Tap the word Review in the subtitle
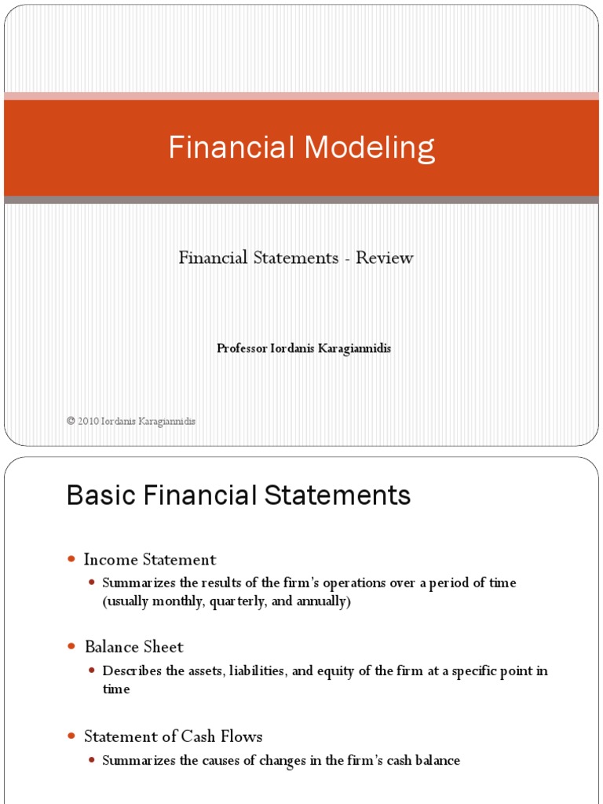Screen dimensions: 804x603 coord(385,258)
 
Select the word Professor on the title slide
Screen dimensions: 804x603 coord(242,349)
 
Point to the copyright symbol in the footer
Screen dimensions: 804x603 coord(71,422)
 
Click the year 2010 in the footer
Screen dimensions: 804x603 coord(88,422)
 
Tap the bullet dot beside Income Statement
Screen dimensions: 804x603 coord(71,560)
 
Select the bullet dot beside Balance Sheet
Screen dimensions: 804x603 coord(71,647)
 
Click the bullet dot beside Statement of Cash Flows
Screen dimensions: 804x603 coord(71,736)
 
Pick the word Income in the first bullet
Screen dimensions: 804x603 coord(110,560)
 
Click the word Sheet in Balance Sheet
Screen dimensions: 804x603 coord(165,647)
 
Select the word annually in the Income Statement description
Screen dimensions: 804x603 coord(322,601)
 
